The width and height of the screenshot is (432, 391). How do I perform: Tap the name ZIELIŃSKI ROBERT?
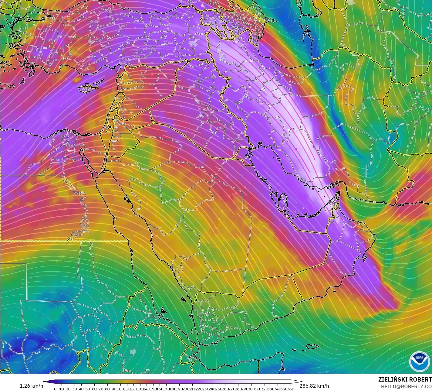pos(405,379)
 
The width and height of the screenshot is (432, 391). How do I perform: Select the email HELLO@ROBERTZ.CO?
pos(406,386)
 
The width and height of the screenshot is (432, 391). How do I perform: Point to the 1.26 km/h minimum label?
pos(31,386)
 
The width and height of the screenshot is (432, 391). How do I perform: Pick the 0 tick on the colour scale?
pos(55,389)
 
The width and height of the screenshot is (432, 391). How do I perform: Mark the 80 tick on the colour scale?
pos(107,389)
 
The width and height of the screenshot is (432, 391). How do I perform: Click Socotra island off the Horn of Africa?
pos(312,347)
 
